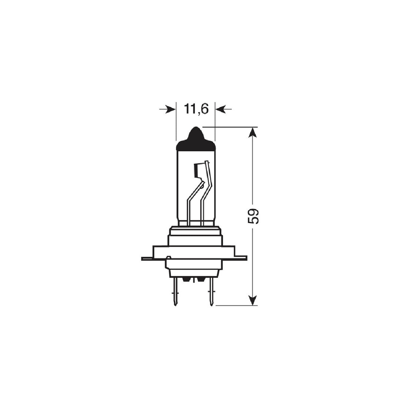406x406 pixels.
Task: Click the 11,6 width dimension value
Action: [196, 109]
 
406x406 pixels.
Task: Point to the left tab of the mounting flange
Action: [147, 258]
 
